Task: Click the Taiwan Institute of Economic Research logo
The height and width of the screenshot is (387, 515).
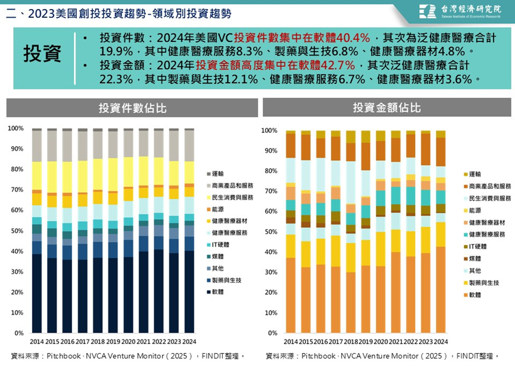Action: [x=460, y=11]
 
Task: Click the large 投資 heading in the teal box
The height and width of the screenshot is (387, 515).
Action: [x=42, y=54]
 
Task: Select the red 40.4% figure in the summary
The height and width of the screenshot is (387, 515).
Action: [x=353, y=38]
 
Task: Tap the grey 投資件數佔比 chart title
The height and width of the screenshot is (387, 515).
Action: [x=132, y=108]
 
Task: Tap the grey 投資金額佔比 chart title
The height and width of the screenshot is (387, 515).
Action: [x=386, y=107]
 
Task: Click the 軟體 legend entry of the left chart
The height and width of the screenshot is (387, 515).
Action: [x=215, y=292]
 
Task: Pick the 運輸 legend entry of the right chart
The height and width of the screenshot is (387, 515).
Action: [x=472, y=174]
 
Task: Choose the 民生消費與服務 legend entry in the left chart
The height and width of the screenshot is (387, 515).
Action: [x=230, y=197]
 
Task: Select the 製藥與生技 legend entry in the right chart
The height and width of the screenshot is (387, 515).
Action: [x=481, y=283]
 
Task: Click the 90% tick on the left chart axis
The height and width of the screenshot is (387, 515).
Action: [x=17, y=148]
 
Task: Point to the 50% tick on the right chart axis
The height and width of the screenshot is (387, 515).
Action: [x=271, y=232]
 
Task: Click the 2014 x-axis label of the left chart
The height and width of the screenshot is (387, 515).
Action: [x=37, y=342]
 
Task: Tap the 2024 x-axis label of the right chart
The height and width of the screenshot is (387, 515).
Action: [x=441, y=342]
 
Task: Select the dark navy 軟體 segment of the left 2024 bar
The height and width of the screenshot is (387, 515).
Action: [x=189, y=292]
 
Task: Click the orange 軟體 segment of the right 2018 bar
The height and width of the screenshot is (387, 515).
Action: [x=351, y=303]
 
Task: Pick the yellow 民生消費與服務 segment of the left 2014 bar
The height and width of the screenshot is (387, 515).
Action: [x=37, y=176]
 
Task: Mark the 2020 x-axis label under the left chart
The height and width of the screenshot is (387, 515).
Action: [x=129, y=342]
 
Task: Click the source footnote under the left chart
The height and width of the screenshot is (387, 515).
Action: [x=128, y=356]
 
